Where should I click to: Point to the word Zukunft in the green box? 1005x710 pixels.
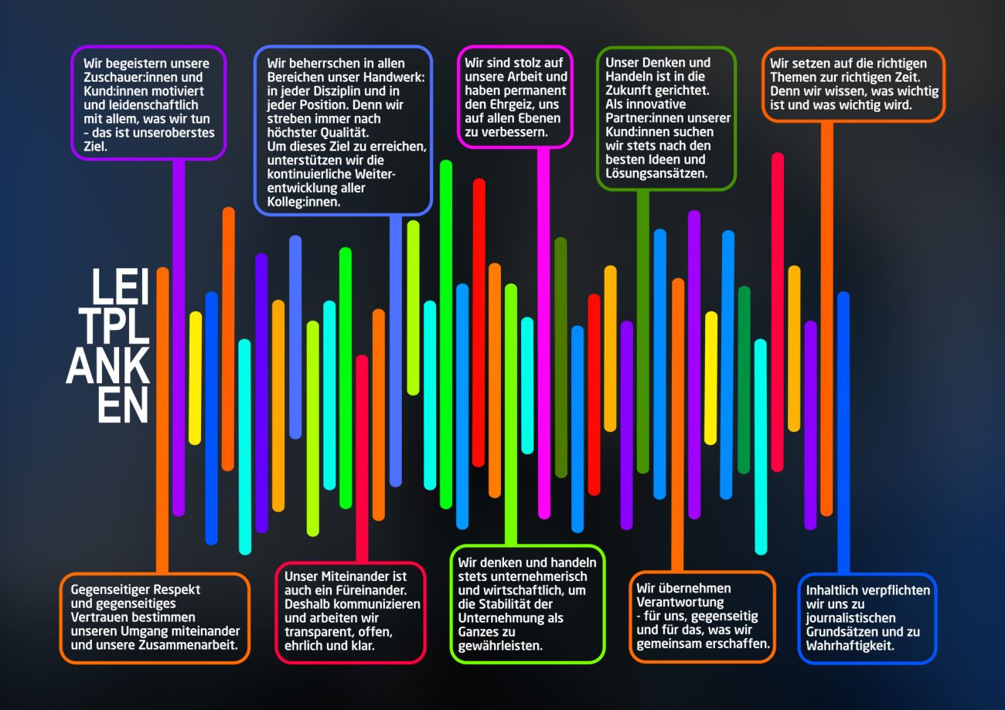[629, 90]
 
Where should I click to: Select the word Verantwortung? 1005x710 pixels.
[680, 602]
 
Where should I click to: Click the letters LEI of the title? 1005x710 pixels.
[120, 288]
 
